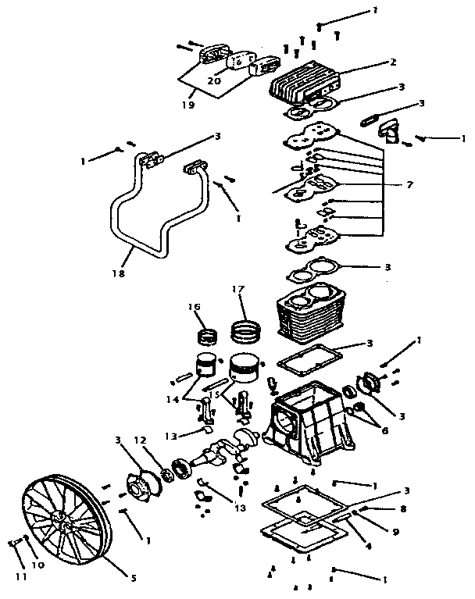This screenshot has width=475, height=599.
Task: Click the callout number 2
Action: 394,62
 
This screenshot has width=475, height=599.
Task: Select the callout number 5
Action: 134,577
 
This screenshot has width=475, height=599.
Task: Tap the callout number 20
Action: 214,80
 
